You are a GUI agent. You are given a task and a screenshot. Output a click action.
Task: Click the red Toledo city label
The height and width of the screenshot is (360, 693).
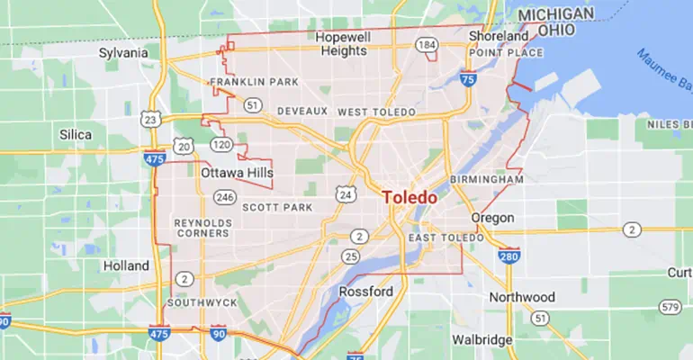coord(409,197)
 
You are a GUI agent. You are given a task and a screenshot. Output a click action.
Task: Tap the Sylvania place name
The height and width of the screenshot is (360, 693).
coord(122,53)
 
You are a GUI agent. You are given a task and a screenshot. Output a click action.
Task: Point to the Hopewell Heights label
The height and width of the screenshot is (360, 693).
coord(342,44)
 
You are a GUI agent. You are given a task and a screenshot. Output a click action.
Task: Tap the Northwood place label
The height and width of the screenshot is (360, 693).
coord(522,297)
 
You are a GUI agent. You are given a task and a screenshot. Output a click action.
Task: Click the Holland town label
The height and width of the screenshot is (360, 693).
coord(126,266)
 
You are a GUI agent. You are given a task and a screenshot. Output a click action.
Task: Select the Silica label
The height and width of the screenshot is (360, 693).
coord(76,135)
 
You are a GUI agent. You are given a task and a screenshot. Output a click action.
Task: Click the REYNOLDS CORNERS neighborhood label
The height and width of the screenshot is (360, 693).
coord(202,227)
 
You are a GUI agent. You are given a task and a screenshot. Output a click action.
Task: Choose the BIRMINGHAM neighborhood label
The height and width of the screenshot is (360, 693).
coord(486,180)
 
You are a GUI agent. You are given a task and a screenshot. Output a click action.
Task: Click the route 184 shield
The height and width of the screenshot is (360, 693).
coord(427,44)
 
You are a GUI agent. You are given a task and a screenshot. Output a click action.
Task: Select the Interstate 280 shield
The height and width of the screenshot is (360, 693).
coord(508,256)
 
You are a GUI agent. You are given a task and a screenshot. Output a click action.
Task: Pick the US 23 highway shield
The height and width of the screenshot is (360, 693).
coord(150,120)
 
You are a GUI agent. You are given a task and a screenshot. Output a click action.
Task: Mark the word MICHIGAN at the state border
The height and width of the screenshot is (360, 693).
coord(556,14)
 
